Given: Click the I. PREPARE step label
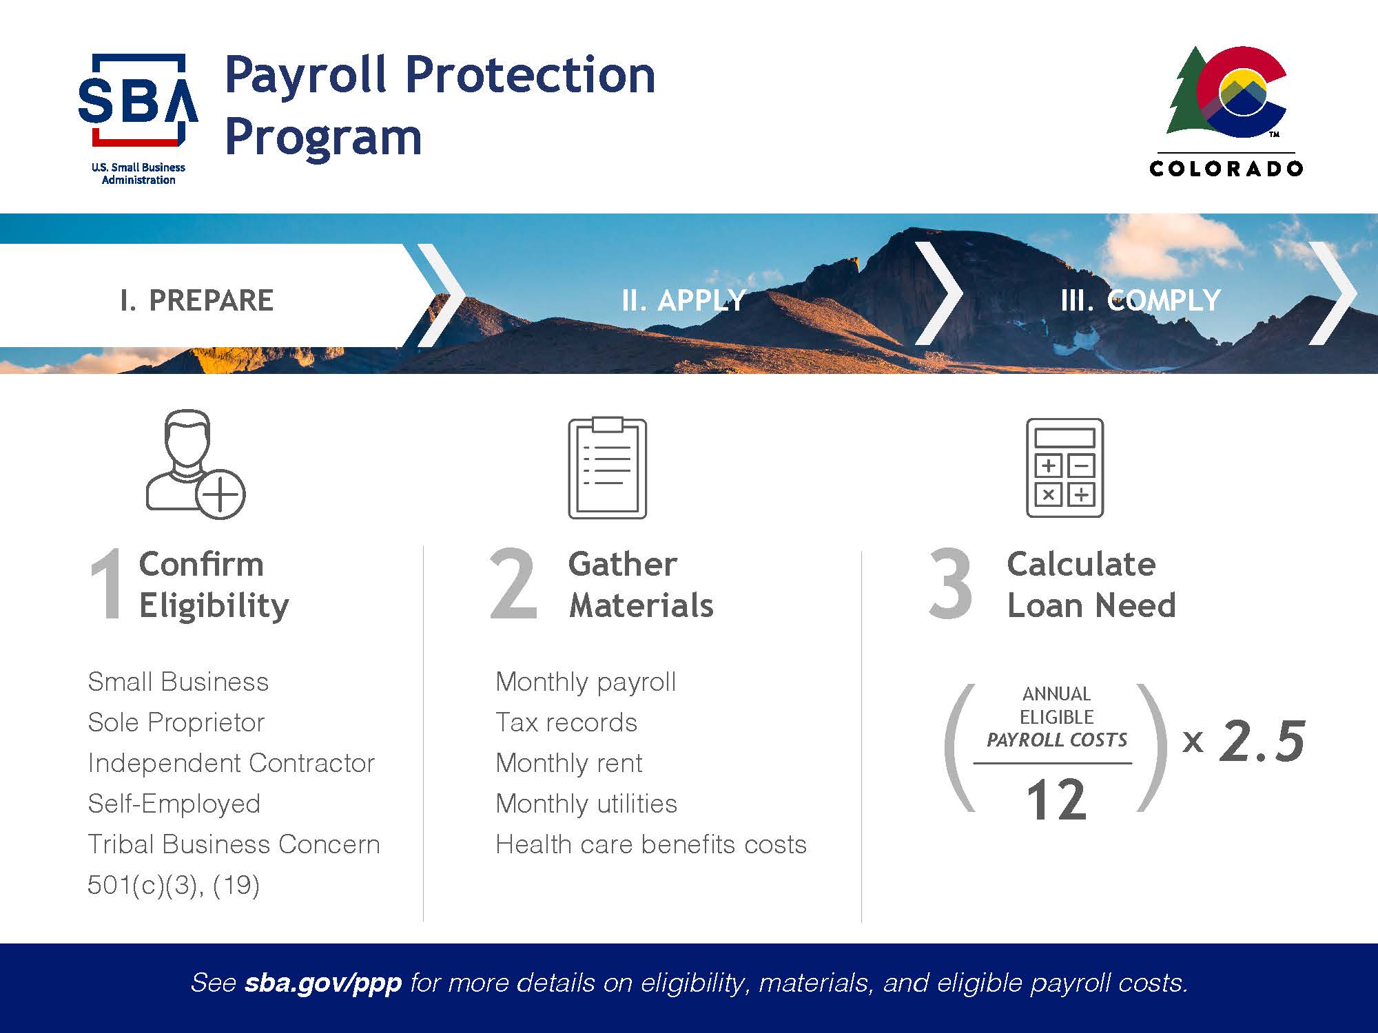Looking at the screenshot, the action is (196, 300).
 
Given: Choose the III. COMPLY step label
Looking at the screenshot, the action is (1140, 300).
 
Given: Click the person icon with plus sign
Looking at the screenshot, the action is (195, 464).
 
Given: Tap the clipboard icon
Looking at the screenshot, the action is (607, 468).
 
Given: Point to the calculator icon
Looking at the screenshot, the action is (1065, 468).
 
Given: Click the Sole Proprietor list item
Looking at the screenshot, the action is (176, 722).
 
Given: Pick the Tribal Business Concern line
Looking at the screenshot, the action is (234, 844).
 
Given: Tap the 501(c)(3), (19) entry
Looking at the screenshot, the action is (174, 885).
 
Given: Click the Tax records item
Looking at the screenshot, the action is (566, 722).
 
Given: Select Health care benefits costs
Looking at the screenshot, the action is (651, 844).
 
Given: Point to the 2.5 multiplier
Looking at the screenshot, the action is (1262, 741).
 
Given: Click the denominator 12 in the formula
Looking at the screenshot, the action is (1056, 800).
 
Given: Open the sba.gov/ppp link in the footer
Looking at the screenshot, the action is (323, 983).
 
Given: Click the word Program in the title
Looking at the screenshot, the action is (323, 138).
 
